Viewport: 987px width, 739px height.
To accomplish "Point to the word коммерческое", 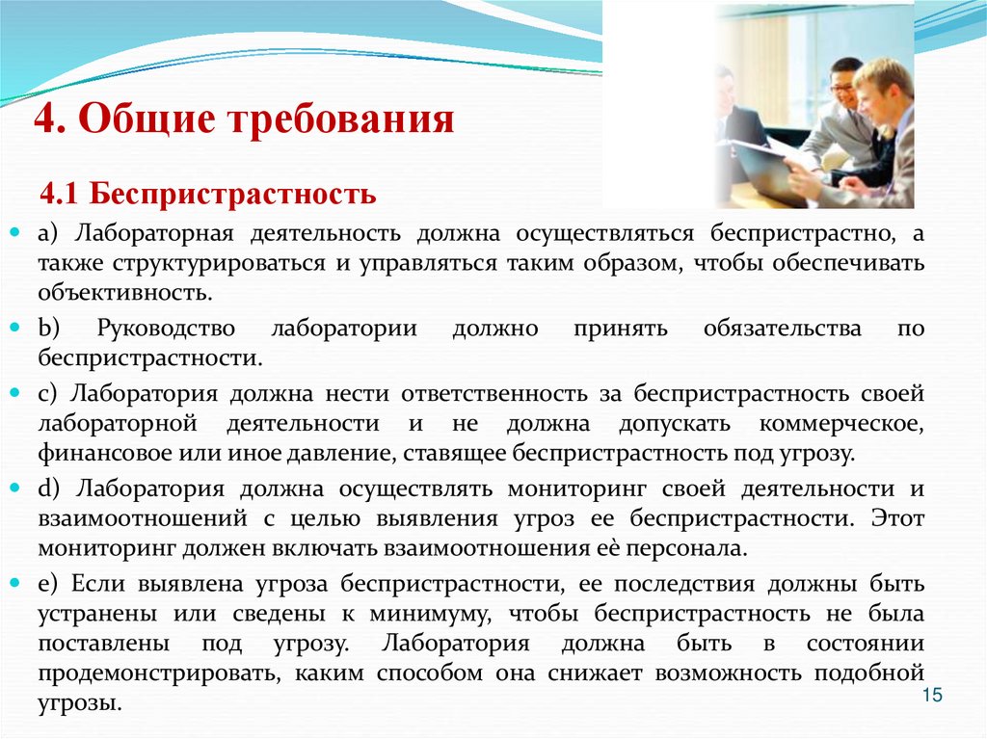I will (841, 423).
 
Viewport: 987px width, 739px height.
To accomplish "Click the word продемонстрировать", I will (159, 673).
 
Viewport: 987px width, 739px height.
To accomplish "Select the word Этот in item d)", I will (897, 518).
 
